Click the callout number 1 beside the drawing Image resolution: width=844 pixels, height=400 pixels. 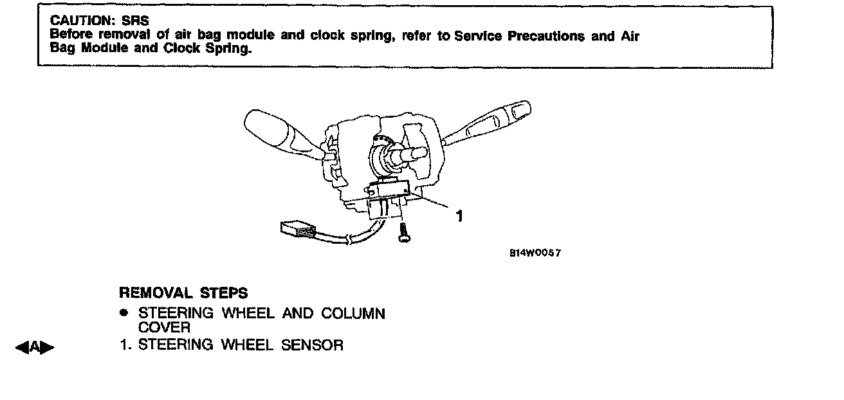(x=459, y=217)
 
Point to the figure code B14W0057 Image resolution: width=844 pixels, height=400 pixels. (x=535, y=253)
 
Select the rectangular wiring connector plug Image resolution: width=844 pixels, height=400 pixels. (x=297, y=228)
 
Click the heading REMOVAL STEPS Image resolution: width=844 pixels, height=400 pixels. (x=183, y=293)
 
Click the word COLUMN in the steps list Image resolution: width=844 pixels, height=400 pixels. (x=353, y=314)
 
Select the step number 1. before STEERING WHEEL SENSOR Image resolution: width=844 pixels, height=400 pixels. (x=127, y=345)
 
